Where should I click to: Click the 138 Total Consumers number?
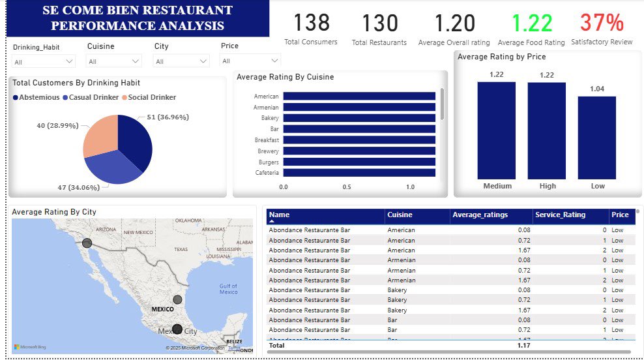pyautogui.click(x=311, y=23)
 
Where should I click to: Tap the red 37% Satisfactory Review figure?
pyautogui.click(x=602, y=23)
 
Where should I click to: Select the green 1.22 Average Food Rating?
pyautogui.click(x=532, y=23)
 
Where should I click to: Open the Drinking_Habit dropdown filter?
pyautogui.click(x=44, y=61)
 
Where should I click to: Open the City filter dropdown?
pyautogui.click(x=181, y=61)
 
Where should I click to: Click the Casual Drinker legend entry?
pyautogui.click(x=91, y=97)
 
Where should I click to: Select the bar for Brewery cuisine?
pyautogui.click(x=359, y=151)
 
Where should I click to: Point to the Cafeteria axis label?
pyautogui.click(x=267, y=173)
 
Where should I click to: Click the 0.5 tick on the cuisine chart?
pyautogui.click(x=347, y=187)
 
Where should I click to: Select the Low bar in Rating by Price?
pyautogui.click(x=597, y=138)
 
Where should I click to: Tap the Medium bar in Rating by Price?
pyautogui.click(x=497, y=130)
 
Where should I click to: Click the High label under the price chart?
pyautogui.click(x=548, y=186)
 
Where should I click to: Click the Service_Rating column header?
pyautogui.click(x=560, y=215)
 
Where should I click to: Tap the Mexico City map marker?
pyautogui.click(x=177, y=329)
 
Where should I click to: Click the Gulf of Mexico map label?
pyautogui.click(x=228, y=288)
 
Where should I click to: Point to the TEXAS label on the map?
pyautogui.click(x=181, y=250)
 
